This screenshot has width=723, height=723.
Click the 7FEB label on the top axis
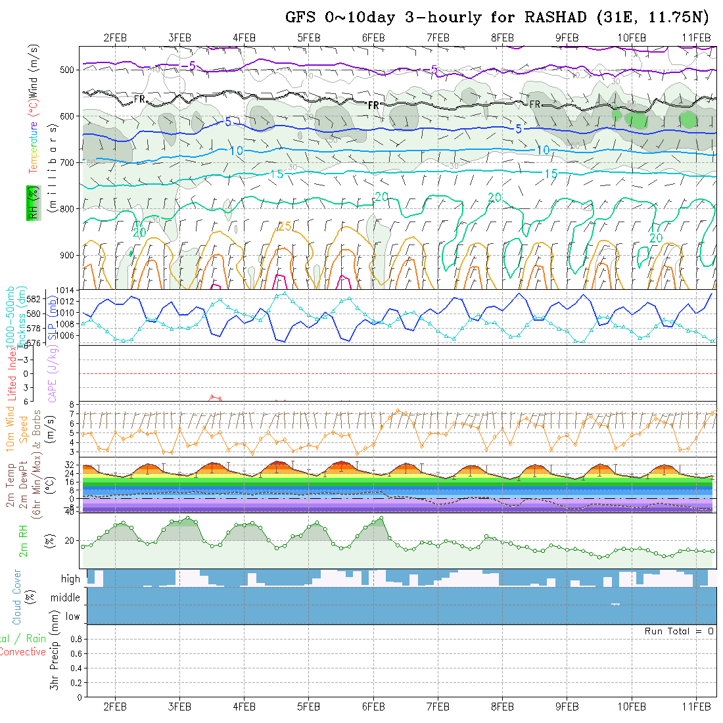[438, 37]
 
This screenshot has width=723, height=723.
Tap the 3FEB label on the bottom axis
[179, 707]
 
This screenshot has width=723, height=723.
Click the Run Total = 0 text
[679, 631]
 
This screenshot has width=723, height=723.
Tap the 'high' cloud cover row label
[70, 579]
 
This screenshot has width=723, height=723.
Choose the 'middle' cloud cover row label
[66, 597]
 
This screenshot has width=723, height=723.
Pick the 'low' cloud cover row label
[72, 617]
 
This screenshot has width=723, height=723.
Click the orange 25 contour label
[284, 227]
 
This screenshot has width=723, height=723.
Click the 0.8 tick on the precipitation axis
[75, 639]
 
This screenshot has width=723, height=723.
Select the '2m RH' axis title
[24, 540]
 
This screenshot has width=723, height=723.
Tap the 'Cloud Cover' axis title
[16, 597]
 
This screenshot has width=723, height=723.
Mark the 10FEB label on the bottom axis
[632, 707]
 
